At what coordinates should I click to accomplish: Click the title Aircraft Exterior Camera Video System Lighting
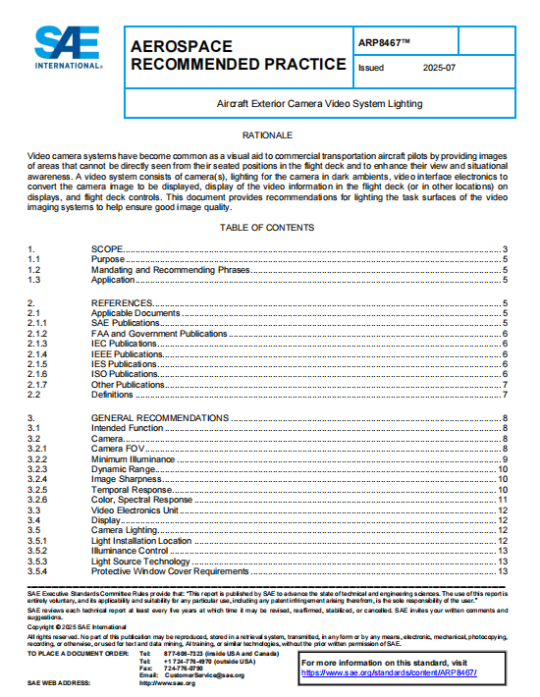(x=320, y=102)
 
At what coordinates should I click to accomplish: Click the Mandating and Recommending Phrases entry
(x=171, y=269)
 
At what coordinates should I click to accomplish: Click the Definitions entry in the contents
(x=112, y=395)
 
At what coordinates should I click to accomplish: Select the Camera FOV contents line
(x=120, y=449)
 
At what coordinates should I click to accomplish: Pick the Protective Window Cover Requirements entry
(x=170, y=571)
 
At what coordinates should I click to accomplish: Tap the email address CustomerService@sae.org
(x=204, y=675)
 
